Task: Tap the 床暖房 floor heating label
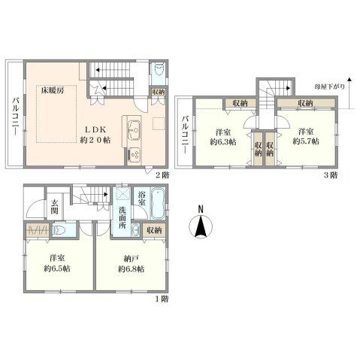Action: click(53, 90)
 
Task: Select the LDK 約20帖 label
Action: click(95, 135)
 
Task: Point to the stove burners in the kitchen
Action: click(135, 153)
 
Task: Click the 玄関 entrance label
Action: click(54, 207)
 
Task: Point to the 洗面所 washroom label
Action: click(123, 217)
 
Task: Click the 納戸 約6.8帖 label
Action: click(131, 264)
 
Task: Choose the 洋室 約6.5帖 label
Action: click(57, 263)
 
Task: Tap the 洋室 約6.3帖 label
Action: click(223, 137)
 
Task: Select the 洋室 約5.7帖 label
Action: click(306, 136)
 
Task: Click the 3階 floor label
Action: click(331, 175)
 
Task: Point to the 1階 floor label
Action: click(162, 299)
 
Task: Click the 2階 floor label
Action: click(162, 175)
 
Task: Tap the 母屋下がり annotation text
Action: click(330, 86)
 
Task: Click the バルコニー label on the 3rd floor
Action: click(185, 135)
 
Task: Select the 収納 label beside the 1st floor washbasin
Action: click(154, 230)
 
